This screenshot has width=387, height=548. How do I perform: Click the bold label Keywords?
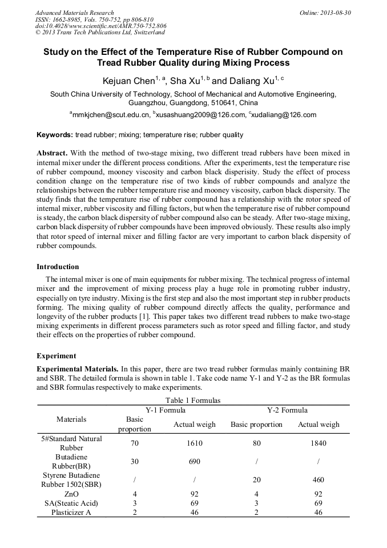click(55, 135)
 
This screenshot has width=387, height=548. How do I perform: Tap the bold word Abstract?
click(52, 154)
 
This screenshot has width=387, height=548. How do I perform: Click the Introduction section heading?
click(58, 267)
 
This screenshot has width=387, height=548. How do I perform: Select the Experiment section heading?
click(56, 355)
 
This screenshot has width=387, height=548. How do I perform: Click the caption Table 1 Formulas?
click(193, 401)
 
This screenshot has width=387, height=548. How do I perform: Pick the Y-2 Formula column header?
click(287, 410)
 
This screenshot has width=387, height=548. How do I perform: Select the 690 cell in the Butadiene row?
click(195, 462)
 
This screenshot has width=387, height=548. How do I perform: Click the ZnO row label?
click(72, 494)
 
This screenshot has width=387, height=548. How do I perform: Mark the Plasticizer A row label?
click(72, 513)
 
